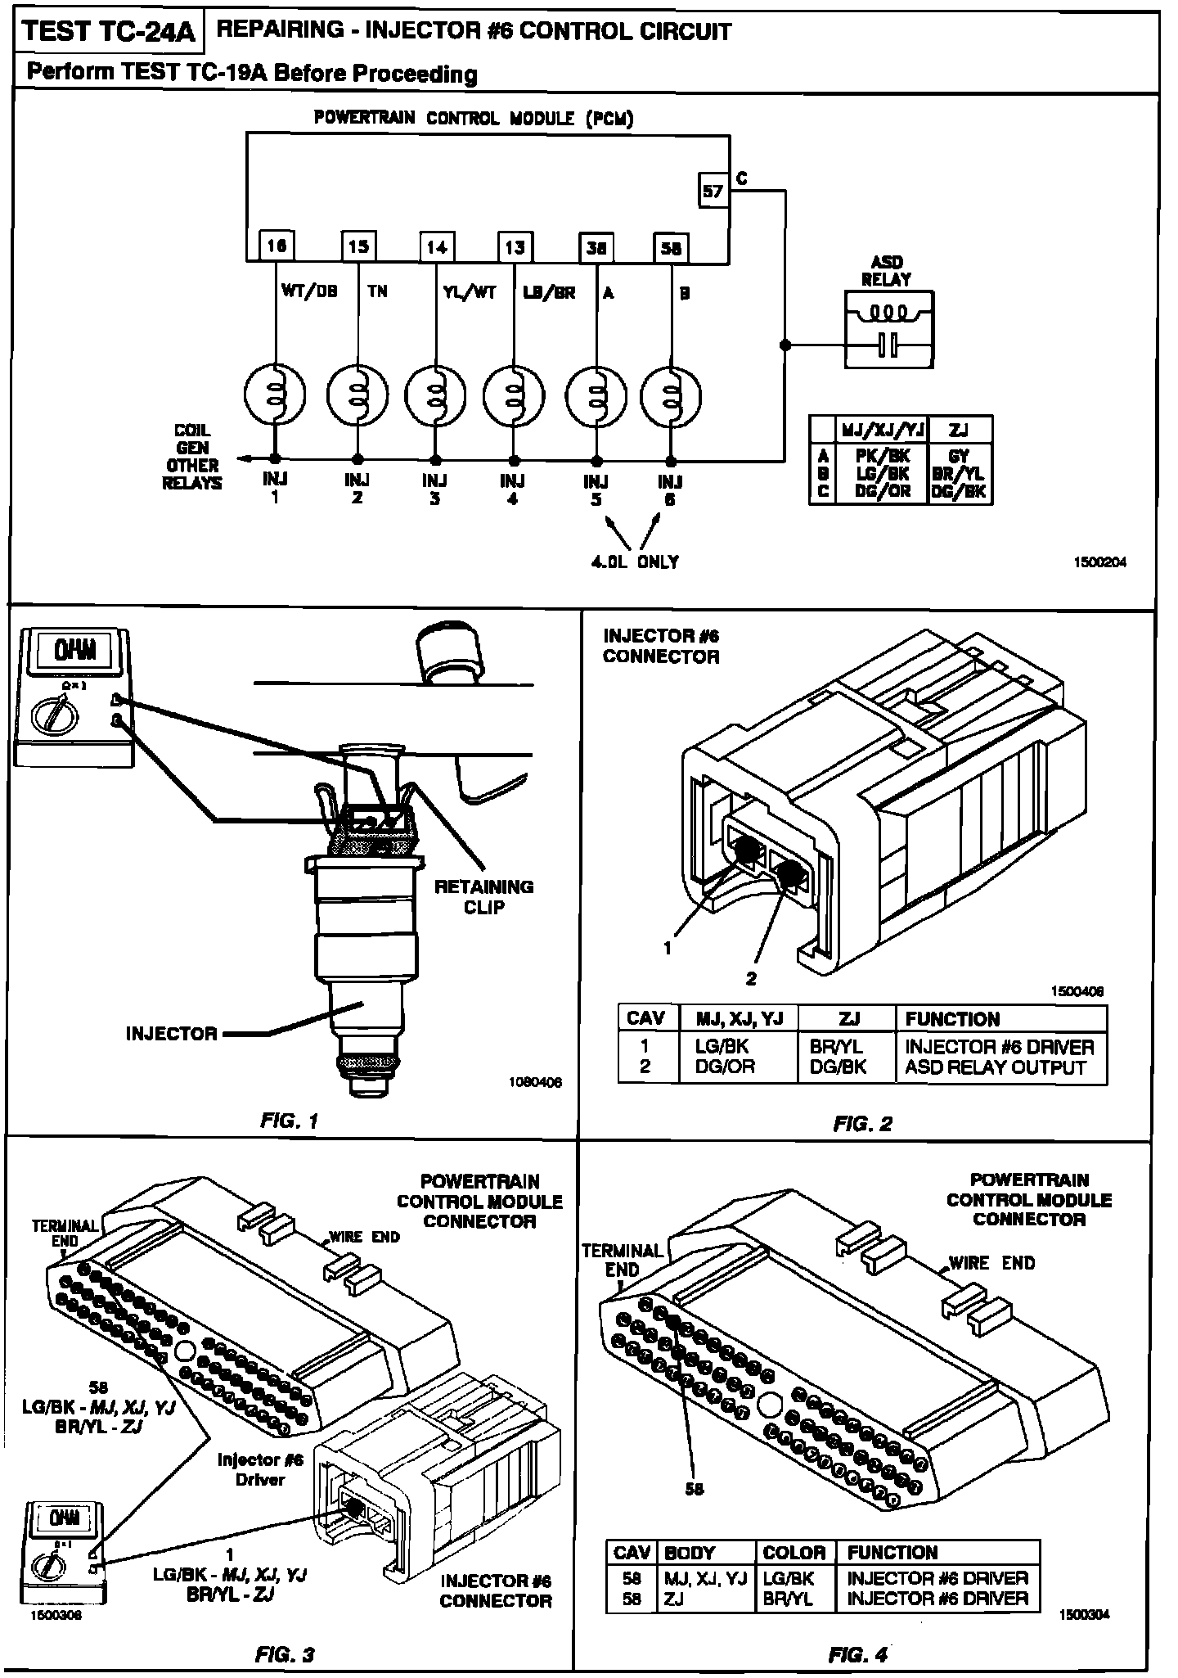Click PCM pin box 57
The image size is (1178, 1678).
(x=713, y=191)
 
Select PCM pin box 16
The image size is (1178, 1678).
(x=277, y=246)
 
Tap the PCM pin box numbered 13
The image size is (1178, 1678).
(x=515, y=247)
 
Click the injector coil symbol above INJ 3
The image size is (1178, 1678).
(x=436, y=395)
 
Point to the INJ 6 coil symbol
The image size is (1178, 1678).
(x=672, y=396)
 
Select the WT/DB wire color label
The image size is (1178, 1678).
(x=309, y=291)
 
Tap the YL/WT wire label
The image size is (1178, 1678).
(x=470, y=292)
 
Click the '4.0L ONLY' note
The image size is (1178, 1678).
(x=635, y=562)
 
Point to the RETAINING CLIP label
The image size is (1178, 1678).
(x=483, y=897)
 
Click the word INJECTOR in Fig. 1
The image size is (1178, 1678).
(x=171, y=1034)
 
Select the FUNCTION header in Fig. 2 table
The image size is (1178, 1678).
(x=952, y=1019)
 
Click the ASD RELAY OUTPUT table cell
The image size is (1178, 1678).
(x=995, y=1067)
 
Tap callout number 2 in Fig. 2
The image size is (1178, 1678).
(x=751, y=977)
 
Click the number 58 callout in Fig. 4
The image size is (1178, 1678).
(x=694, y=1489)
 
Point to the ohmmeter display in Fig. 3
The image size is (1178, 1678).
(x=62, y=1517)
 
